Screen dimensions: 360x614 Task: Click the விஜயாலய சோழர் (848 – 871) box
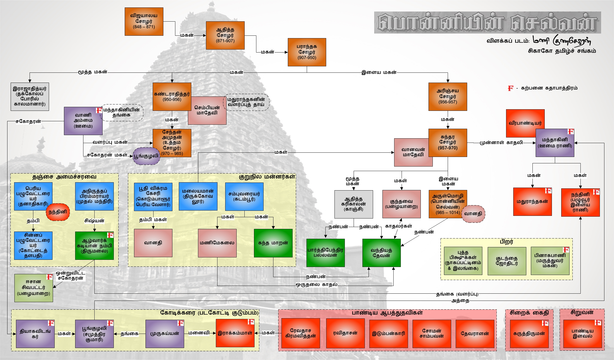tap(144, 22)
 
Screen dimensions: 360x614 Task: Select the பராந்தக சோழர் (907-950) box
tap(307, 52)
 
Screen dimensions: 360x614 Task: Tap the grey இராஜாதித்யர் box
tap(30, 96)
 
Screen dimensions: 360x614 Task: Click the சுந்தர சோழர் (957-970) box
tap(448, 143)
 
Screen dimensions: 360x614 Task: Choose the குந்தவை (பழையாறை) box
tap(401, 204)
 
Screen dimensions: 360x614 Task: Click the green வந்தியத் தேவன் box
tap(381, 253)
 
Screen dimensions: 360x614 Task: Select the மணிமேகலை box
tap(217, 243)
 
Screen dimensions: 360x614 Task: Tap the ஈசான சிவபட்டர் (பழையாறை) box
tap(34, 288)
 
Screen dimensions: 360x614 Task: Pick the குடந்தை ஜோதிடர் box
tap(507, 261)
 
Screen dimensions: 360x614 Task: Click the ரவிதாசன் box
tap(345, 333)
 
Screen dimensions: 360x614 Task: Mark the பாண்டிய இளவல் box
tap(582, 334)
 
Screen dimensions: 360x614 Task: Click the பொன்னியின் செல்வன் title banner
tap(487, 23)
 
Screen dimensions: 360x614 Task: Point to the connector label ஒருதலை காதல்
tap(317, 285)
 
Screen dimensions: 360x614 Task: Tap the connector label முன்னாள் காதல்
tap(501, 143)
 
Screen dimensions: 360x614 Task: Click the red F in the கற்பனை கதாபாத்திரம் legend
tap(510, 88)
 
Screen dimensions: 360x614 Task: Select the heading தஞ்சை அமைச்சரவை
tap(64, 177)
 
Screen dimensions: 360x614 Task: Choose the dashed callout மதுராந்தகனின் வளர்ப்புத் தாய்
tap(246, 102)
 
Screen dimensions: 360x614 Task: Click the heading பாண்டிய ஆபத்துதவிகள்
tap(387, 313)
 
